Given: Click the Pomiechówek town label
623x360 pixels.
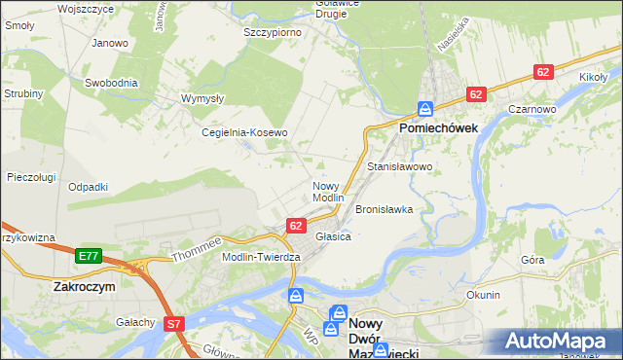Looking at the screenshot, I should point(436,127).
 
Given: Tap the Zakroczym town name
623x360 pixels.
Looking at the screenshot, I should point(85,288).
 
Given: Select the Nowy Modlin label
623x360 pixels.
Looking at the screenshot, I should point(327,191).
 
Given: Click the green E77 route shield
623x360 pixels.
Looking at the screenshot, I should point(89,256).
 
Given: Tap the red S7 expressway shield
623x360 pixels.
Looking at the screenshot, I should point(173,323).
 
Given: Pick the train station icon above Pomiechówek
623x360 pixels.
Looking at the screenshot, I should point(425,108).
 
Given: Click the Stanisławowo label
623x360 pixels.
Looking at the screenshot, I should point(399,167).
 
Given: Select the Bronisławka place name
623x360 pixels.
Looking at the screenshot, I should point(385,209).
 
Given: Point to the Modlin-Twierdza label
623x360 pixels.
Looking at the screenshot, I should point(262,256).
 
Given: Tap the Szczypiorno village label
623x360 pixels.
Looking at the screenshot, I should point(272,32).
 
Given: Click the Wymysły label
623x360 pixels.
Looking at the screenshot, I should point(203,98).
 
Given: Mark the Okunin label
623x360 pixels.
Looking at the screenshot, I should point(483,294).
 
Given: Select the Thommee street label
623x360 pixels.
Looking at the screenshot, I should point(198,248).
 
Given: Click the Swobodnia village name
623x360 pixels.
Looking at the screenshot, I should point(109,83).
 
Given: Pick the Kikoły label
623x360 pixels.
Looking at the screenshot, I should point(593,76).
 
